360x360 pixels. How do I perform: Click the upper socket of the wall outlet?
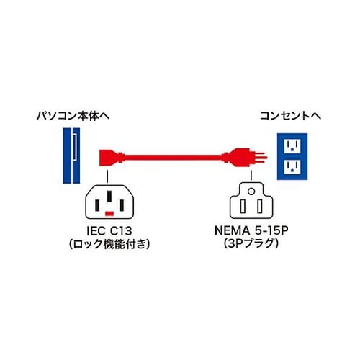coord(292,145)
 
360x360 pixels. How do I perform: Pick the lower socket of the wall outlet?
coord(292,168)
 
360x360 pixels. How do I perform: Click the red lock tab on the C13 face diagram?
coord(109,215)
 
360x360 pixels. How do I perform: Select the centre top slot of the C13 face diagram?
coord(109,194)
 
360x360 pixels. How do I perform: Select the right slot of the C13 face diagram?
coord(120,201)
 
